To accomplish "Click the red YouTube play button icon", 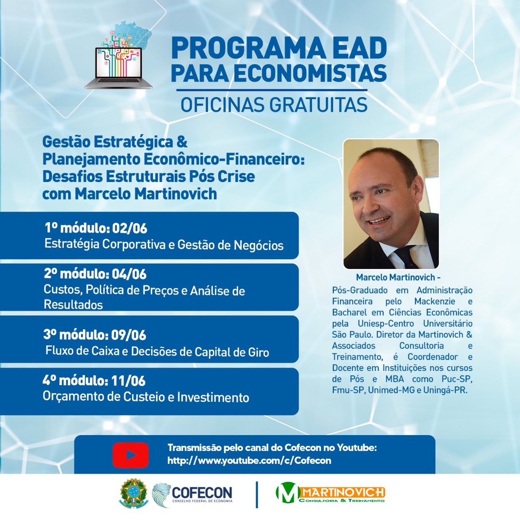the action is pyautogui.click(x=130, y=455).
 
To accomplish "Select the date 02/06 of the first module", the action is pyautogui.click(x=130, y=228).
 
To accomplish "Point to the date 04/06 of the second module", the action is pyautogui.click(x=129, y=274).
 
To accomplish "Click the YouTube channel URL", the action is pyautogui.click(x=249, y=460).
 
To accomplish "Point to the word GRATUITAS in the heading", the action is pyautogui.click(x=318, y=105).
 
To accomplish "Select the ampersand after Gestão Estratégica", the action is pyautogui.click(x=182, y=142).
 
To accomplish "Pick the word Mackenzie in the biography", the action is pyautogui.click(x=434, y=301).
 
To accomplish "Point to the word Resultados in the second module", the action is pyautogui.click(x=73, y=305).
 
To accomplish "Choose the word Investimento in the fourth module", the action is pyautogui.click(x=213, y=397).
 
